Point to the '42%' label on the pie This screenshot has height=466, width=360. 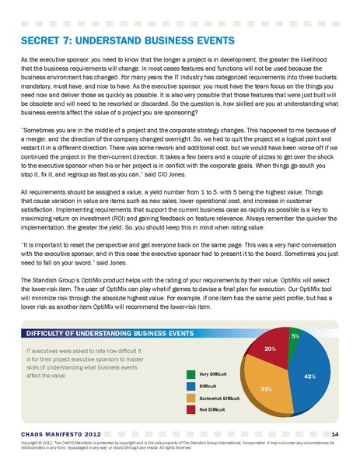click(309, 376)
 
